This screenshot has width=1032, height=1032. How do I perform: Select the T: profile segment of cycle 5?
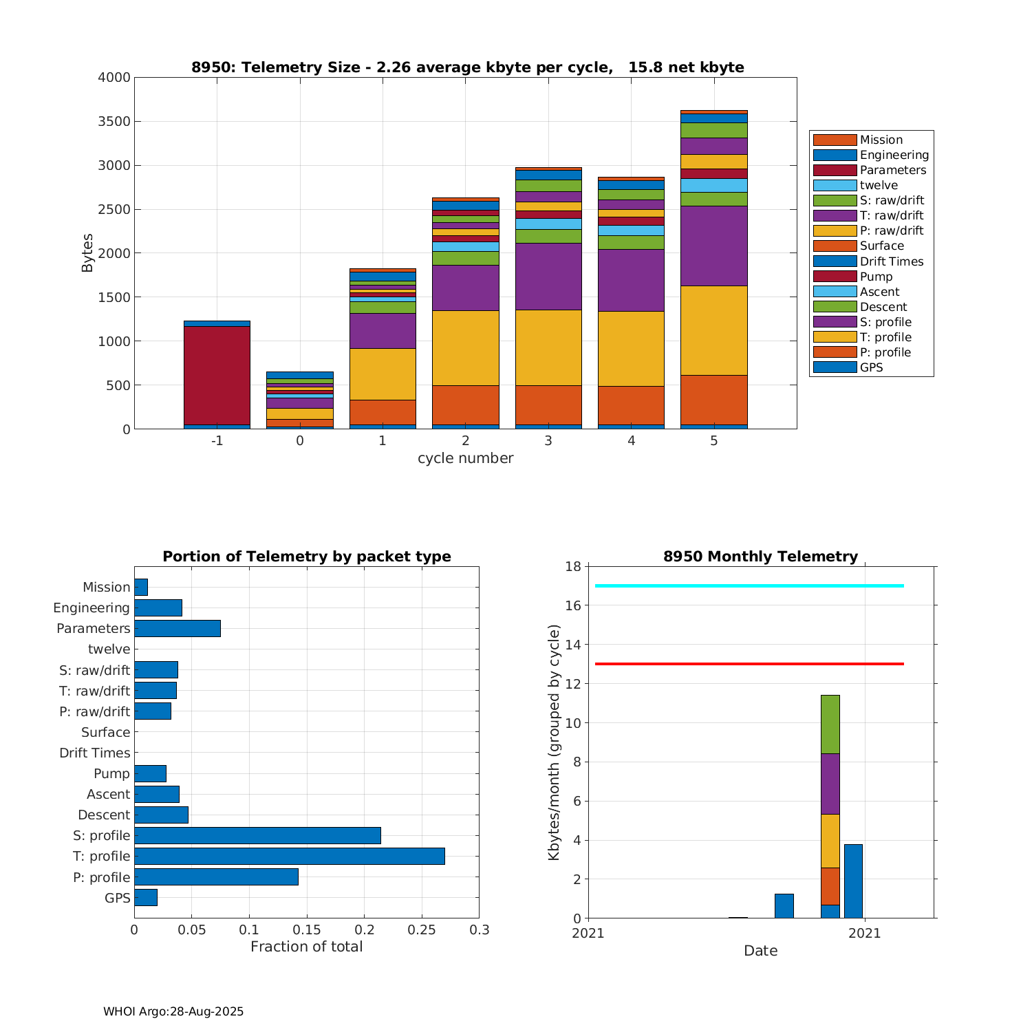[713, 330]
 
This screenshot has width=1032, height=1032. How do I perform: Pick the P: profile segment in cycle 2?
[465, 405]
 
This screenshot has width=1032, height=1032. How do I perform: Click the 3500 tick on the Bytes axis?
[114, 122]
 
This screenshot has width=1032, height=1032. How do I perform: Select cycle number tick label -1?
[217, 440]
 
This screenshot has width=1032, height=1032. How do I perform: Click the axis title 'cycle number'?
[465, 458]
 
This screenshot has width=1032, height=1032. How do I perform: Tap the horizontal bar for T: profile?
[289, 856]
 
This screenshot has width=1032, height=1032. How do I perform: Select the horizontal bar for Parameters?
[178, 628]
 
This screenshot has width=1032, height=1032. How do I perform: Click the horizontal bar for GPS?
[146, 897]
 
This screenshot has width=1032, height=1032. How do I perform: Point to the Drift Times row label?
[94, 753]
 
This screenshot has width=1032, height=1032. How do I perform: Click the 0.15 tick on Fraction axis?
[307, 930]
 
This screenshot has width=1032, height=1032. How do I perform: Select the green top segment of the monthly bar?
[830, 724]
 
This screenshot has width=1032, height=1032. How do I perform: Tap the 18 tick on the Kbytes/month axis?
[574, 566]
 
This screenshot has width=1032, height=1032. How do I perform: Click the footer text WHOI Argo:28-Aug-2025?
[173, 1011]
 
